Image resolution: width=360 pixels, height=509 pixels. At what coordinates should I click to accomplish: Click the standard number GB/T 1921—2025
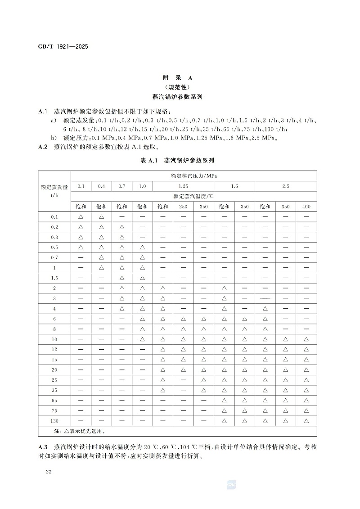[x=63, y=46]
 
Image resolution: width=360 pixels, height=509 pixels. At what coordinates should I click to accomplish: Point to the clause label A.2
[x=43, y=147]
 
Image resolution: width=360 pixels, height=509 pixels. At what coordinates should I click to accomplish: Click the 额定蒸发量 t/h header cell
[x=54, y=191]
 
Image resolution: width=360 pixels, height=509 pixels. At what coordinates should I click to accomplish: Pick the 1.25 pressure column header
[x=183, y=186]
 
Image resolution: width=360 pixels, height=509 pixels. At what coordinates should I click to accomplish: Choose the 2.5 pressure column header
[x=286, y=186]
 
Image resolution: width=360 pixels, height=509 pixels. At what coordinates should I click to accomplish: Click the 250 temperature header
[x=183, y=207]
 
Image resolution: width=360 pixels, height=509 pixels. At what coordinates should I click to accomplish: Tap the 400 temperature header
[x=306, y=207]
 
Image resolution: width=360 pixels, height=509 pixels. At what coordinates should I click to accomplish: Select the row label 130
[x=54, y=421]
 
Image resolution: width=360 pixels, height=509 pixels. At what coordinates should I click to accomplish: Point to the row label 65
[x=54, y=400]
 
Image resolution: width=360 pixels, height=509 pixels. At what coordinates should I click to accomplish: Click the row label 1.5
[x=54, y=278]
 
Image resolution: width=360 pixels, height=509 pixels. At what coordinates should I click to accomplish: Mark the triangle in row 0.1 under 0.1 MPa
[x=81, y=216]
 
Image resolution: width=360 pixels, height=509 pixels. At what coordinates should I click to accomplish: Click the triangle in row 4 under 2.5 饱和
[x=265, y=308]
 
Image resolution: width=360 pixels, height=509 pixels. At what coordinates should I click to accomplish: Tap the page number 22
[x=49, y=471]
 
